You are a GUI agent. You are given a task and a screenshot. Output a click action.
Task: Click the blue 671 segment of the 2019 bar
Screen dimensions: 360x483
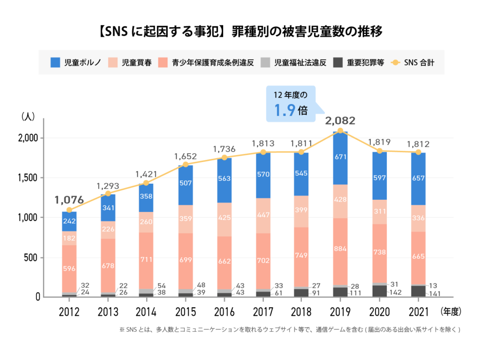point(340,156)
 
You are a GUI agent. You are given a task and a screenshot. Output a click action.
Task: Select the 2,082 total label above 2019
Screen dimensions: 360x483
point(340,120)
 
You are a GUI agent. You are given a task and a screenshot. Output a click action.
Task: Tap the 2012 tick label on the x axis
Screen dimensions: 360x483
point(69,311)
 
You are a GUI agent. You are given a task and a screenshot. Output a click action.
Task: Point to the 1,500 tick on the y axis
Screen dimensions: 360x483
point(29,178)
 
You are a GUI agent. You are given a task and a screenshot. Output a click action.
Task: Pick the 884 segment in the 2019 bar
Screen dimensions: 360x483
point(340,249)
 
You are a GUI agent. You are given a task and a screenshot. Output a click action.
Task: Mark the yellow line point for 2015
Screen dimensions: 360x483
point(185,164)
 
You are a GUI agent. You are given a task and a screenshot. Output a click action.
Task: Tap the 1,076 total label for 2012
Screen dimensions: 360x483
point(69,199)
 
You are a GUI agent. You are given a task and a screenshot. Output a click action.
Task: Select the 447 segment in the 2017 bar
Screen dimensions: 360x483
point(263,216)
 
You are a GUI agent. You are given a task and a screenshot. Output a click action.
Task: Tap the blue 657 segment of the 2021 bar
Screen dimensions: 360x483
point(417,179)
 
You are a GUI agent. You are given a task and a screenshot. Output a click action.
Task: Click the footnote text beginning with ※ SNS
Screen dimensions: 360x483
point(290,330)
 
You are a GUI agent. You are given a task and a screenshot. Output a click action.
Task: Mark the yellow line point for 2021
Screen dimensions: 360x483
point(417,152)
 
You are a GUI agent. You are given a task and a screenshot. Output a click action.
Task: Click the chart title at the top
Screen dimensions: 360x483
point(241,32)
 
